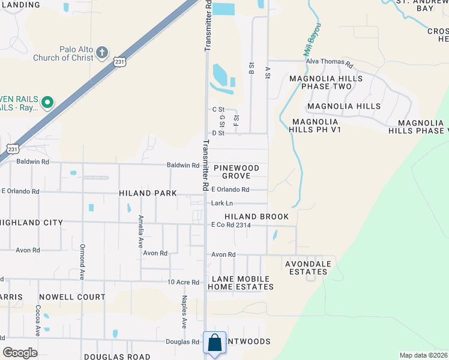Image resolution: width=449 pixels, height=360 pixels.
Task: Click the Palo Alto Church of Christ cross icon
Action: [102, 52]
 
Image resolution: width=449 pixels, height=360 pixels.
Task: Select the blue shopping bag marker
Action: [215, 344]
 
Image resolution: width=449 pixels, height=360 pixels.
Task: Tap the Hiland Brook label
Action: [256, 217]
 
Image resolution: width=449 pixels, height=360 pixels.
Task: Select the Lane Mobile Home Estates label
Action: [242, 283]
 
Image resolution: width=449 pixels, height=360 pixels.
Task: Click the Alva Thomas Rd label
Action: [329, 62]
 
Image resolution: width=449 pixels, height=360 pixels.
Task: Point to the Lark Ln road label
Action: [221, 203]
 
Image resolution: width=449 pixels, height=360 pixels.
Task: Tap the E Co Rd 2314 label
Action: [231, 225]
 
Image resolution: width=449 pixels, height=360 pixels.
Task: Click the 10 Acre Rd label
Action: [183, 281]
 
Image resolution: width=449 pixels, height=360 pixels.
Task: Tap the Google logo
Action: [20, 353]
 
